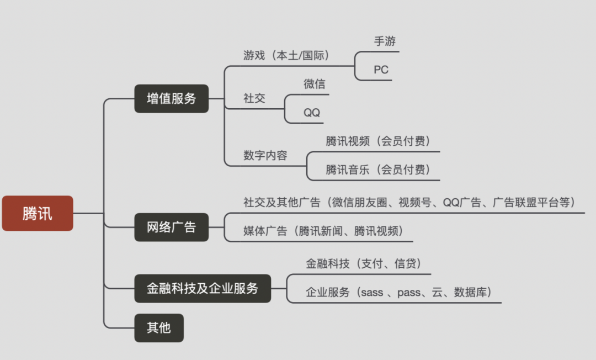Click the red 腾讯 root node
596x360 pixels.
pos(38,213)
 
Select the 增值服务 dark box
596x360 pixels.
pos(172,99)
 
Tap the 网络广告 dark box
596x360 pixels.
pos(172,227)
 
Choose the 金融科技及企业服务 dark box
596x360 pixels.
pos(203,288)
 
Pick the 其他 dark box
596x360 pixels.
pos(159,328)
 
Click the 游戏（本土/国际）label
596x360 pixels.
pos(286,55)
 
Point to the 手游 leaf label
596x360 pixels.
pos(385,41)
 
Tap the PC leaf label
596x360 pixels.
pos(381,70)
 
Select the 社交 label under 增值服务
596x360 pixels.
pos(254,98)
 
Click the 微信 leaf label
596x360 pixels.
pos(314,84)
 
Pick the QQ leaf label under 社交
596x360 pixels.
pos(312,113)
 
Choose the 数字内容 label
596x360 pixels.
pos(265,156)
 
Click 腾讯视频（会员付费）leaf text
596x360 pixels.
pos(377,141)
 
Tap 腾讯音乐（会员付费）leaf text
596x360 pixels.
pos(377,170)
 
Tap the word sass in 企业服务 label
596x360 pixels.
pos(371,293)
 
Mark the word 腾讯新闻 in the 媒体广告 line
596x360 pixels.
pos(321,231)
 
